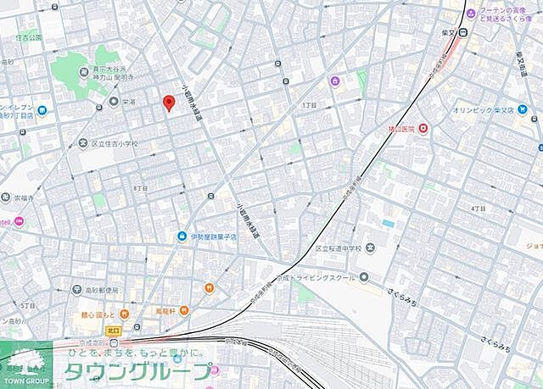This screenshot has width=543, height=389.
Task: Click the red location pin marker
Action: pos(168,103)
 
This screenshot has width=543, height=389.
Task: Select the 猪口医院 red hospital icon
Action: pos(423,129)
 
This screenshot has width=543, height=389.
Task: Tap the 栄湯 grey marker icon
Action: pos(113,102)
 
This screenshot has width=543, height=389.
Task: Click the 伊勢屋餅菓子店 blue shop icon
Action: pos(182,236)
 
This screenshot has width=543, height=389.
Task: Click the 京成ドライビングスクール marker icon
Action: pos(364,276)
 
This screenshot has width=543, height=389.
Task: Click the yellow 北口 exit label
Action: pos(115,328)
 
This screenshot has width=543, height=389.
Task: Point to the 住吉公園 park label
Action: pos(28,37)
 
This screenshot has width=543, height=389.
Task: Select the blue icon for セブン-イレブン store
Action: pos(41,110)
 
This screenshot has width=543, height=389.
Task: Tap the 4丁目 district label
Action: pos(479,208)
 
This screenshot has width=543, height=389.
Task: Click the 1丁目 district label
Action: pos(309,104)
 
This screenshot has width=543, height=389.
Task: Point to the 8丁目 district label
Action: pos(141,187)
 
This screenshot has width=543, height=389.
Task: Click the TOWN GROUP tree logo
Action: pos(25,362)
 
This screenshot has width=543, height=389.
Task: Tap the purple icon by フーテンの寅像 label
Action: pos(482,16)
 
